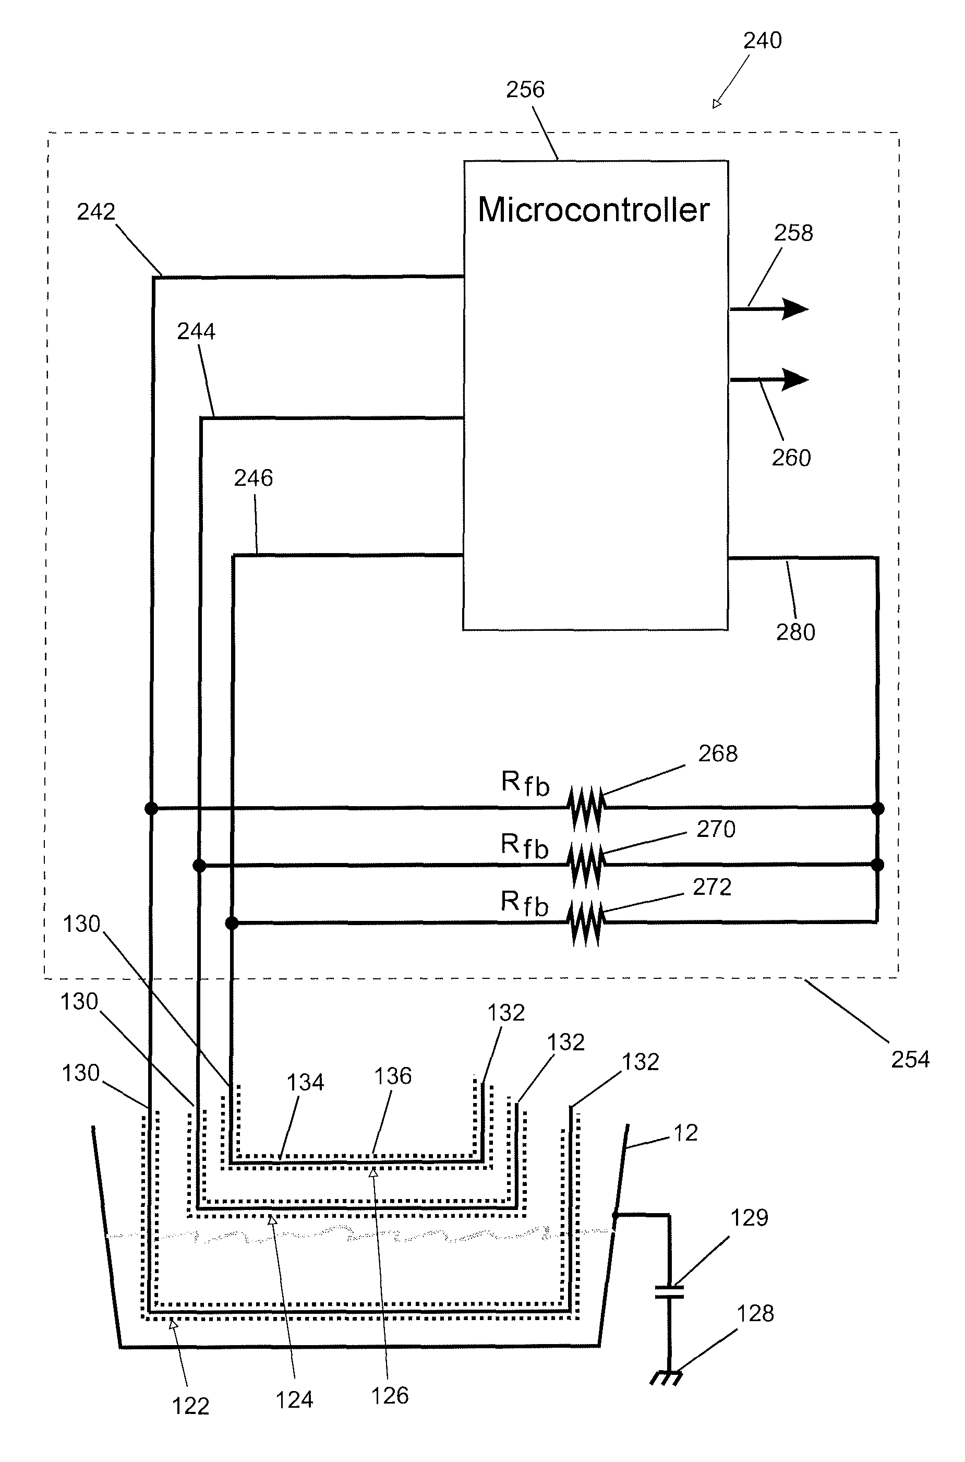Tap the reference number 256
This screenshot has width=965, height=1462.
525,90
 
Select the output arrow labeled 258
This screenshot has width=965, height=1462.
769,308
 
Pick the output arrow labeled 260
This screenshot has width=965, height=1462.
769,380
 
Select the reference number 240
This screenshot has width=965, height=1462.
762,41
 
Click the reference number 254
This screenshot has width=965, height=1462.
910,1059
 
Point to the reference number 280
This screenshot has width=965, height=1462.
795,632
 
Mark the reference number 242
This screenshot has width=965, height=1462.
96,212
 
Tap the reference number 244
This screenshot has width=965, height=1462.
196,332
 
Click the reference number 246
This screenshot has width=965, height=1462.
253,478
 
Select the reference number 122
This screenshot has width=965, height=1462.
190,1406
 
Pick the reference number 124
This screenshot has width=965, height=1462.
294,1400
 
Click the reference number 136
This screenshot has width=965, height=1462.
393,1076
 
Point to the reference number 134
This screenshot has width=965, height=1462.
305,1082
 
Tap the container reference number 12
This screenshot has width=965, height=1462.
685,1133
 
